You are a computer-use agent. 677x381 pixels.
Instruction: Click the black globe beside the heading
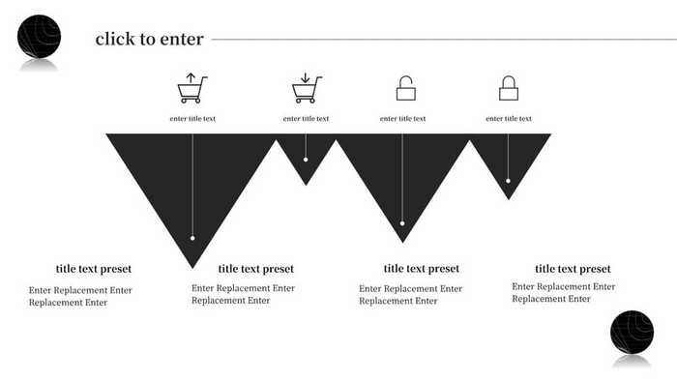click(39, 36)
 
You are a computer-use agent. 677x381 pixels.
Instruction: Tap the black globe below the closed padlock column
click(632, 332)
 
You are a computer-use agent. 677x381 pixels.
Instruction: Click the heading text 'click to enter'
click(149, 40)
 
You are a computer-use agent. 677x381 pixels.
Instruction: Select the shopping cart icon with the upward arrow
click(191, 88)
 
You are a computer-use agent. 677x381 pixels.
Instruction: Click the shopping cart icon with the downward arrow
click(306, 88)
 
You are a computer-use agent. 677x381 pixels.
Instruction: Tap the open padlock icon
click(405, 88)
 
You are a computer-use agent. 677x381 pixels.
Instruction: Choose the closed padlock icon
click(509, 88)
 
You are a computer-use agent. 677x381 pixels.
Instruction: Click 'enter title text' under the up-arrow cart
click(192, 119)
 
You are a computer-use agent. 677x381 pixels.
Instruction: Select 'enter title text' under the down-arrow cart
click(306, 119)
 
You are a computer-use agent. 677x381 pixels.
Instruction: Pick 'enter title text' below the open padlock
click(402, 119)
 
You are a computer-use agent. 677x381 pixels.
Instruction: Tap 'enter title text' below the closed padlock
click(508, 119)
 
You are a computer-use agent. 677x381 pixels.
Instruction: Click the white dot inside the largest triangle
click(192, 238)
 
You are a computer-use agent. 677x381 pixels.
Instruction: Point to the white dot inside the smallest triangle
click(306, 161)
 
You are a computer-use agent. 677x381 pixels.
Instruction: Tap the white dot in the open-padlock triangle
click(402, 223)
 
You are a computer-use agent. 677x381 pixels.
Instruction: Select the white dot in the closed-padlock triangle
click(508, 181)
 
